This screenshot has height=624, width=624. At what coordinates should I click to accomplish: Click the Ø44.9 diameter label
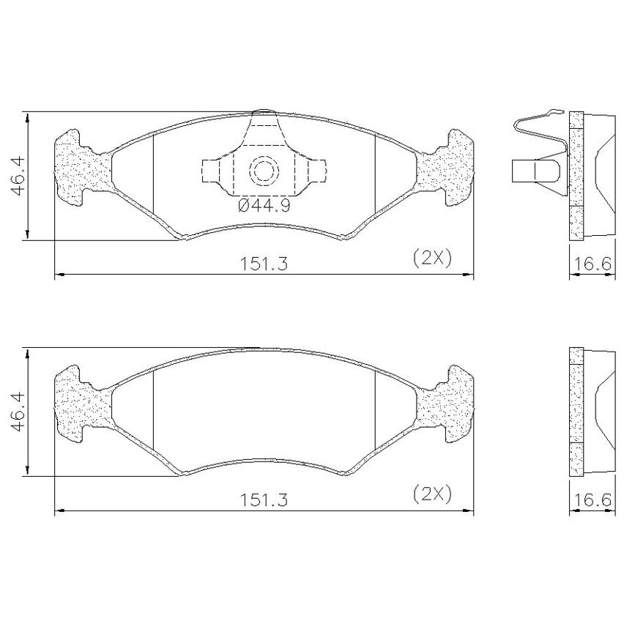click(x=264, y=206)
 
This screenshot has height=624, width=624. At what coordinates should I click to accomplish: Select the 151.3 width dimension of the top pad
click(x=264, y=264)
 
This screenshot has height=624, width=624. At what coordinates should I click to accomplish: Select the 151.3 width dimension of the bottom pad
click(x=264, y=499)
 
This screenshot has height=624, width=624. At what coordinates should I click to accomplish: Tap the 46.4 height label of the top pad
click(x=18, y=176)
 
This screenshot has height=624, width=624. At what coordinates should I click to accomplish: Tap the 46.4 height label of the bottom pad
click(x=18, y=412)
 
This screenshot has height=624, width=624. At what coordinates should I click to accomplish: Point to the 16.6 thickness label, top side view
click(x=593, y=264)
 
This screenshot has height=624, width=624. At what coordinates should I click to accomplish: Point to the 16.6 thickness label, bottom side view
click(x=593, y=499)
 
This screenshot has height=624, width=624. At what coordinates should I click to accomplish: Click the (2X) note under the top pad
click(x=433, y=259)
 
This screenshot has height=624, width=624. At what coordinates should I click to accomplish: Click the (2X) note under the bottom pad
click(x=433, y=494)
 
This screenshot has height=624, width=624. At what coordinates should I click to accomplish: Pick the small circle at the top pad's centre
click(x=264, y=171)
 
